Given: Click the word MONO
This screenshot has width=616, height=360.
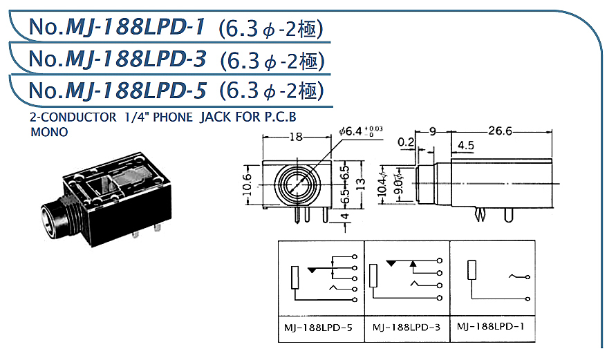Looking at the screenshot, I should [x=50, y=132].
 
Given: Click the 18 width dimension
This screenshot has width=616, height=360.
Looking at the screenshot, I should [x=295, y=137].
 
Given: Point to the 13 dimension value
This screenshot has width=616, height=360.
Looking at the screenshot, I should [x=361, y=183].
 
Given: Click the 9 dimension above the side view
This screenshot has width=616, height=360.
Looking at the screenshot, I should [x=433, y=131].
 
